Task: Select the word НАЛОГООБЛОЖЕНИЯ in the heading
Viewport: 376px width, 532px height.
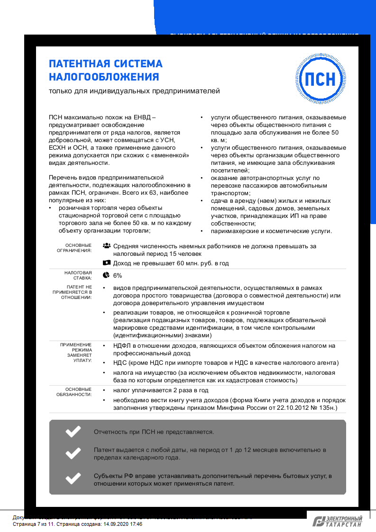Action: click(104, 77)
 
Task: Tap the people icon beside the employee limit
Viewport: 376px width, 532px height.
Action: click(107, 246)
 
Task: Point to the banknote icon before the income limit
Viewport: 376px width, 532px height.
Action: click(107, 263)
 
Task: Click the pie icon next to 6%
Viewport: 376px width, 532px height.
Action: click(107, 275)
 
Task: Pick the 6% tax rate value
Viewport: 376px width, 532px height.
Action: click(118, 275)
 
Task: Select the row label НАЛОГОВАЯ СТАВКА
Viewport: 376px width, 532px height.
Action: click(78, 276)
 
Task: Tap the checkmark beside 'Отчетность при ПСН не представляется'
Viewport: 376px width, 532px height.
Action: click(73, 432)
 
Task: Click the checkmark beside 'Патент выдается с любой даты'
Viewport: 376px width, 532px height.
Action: click(73, 454)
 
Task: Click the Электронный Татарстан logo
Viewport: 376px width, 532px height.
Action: click(338, 522)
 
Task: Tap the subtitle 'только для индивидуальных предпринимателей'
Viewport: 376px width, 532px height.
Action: click(135, 90)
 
